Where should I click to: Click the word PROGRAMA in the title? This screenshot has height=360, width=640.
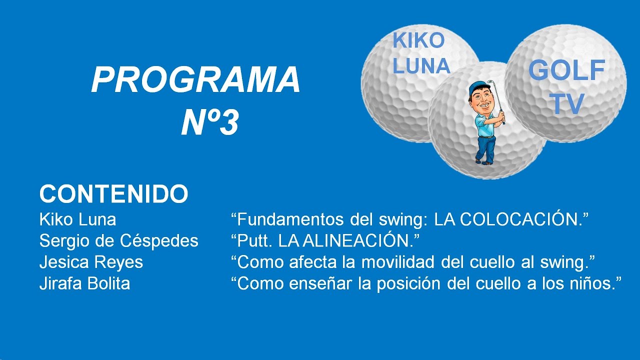coord(195,79)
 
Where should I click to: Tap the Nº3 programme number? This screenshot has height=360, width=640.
coord(210,123)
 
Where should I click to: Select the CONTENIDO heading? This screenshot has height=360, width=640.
coord(113,194)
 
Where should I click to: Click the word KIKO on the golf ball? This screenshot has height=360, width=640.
coord(418,40)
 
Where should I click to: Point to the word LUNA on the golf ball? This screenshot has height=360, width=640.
coord(421,65)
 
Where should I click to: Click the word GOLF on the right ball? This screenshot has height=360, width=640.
coord(567,70)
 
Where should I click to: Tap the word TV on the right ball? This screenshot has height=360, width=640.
coord(567,103)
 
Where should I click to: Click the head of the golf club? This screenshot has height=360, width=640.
coord(490,82)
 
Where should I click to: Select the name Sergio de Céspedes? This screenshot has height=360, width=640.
coord(119,241)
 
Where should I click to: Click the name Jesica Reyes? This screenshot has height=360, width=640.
coord(91,262)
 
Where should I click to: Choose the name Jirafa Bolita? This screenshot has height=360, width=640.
coord(84,283)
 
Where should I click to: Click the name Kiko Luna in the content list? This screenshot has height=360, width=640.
coord(77,219)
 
